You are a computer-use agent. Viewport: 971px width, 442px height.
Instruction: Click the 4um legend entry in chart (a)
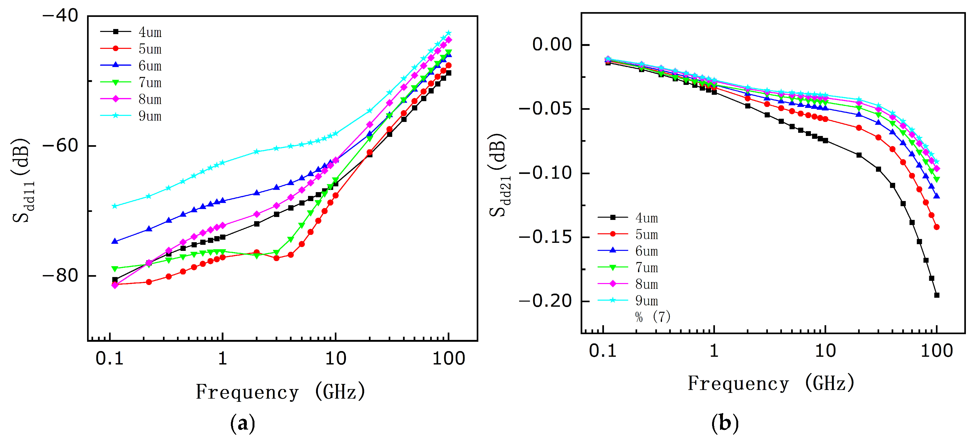131,32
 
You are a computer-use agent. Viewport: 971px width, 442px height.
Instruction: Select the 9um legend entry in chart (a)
131,116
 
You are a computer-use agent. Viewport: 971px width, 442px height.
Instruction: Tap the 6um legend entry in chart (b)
628,251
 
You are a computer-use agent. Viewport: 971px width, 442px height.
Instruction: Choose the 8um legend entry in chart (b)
628,284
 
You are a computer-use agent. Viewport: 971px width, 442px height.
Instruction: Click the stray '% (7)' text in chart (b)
653,317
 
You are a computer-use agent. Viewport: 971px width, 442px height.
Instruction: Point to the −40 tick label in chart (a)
60,16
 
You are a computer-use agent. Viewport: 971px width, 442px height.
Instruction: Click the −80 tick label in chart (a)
60,276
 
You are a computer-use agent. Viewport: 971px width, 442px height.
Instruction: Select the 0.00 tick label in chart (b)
552,44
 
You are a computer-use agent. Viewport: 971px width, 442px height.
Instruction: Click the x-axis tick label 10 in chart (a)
335,358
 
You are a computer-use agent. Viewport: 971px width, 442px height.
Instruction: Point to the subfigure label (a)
242,423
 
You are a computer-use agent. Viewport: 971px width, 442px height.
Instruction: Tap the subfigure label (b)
725,423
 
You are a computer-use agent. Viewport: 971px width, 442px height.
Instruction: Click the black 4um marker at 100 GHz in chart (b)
936,295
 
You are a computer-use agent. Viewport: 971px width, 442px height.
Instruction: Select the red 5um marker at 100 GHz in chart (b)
936,227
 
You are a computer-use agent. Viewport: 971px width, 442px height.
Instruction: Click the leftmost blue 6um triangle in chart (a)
115,241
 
